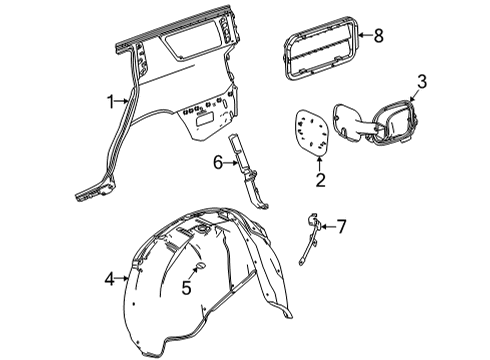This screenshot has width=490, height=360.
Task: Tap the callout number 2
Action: pos(320,179)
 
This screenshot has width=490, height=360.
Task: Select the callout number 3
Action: pos(422,81)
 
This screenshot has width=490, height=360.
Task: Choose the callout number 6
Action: pos(217,160)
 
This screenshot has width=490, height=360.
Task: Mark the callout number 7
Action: pos(340,228)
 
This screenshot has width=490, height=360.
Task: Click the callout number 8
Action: pos(378,36)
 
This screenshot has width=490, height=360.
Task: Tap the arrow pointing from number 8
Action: pos(363,36)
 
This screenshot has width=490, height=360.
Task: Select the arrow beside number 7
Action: pos(326,228)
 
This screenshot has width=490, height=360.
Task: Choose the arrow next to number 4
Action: pos(124,279)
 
